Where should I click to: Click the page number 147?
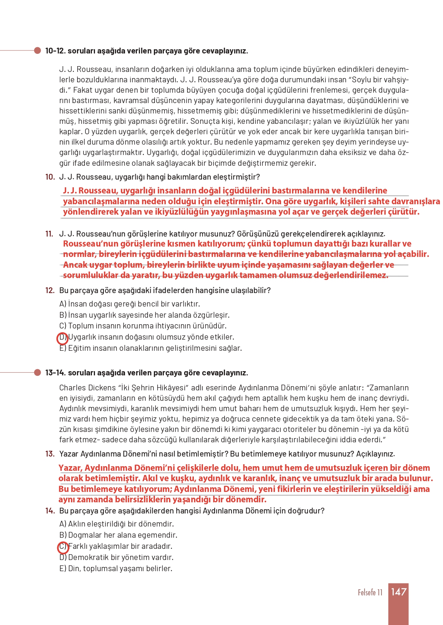point(398,592)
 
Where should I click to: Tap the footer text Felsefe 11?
point(370,592)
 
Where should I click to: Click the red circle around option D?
point(63,338)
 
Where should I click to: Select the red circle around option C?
point(63,547)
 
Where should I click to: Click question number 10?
point(50,177)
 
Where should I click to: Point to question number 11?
point(49,234)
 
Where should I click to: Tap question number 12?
point(50,290)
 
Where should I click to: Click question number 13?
point(50,454)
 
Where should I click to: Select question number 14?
point(50,511)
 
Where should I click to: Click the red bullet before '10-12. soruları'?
point(37,50)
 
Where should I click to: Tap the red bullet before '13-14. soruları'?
point(37,372)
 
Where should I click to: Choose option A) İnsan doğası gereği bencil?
point(130,304)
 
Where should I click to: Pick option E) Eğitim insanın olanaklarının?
point(150,348)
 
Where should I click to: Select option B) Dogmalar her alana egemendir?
point(118,535)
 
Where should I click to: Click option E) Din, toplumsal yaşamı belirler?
point(116,568)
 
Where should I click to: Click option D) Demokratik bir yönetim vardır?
point(117,557)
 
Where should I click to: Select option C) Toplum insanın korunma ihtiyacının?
point(143,326)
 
